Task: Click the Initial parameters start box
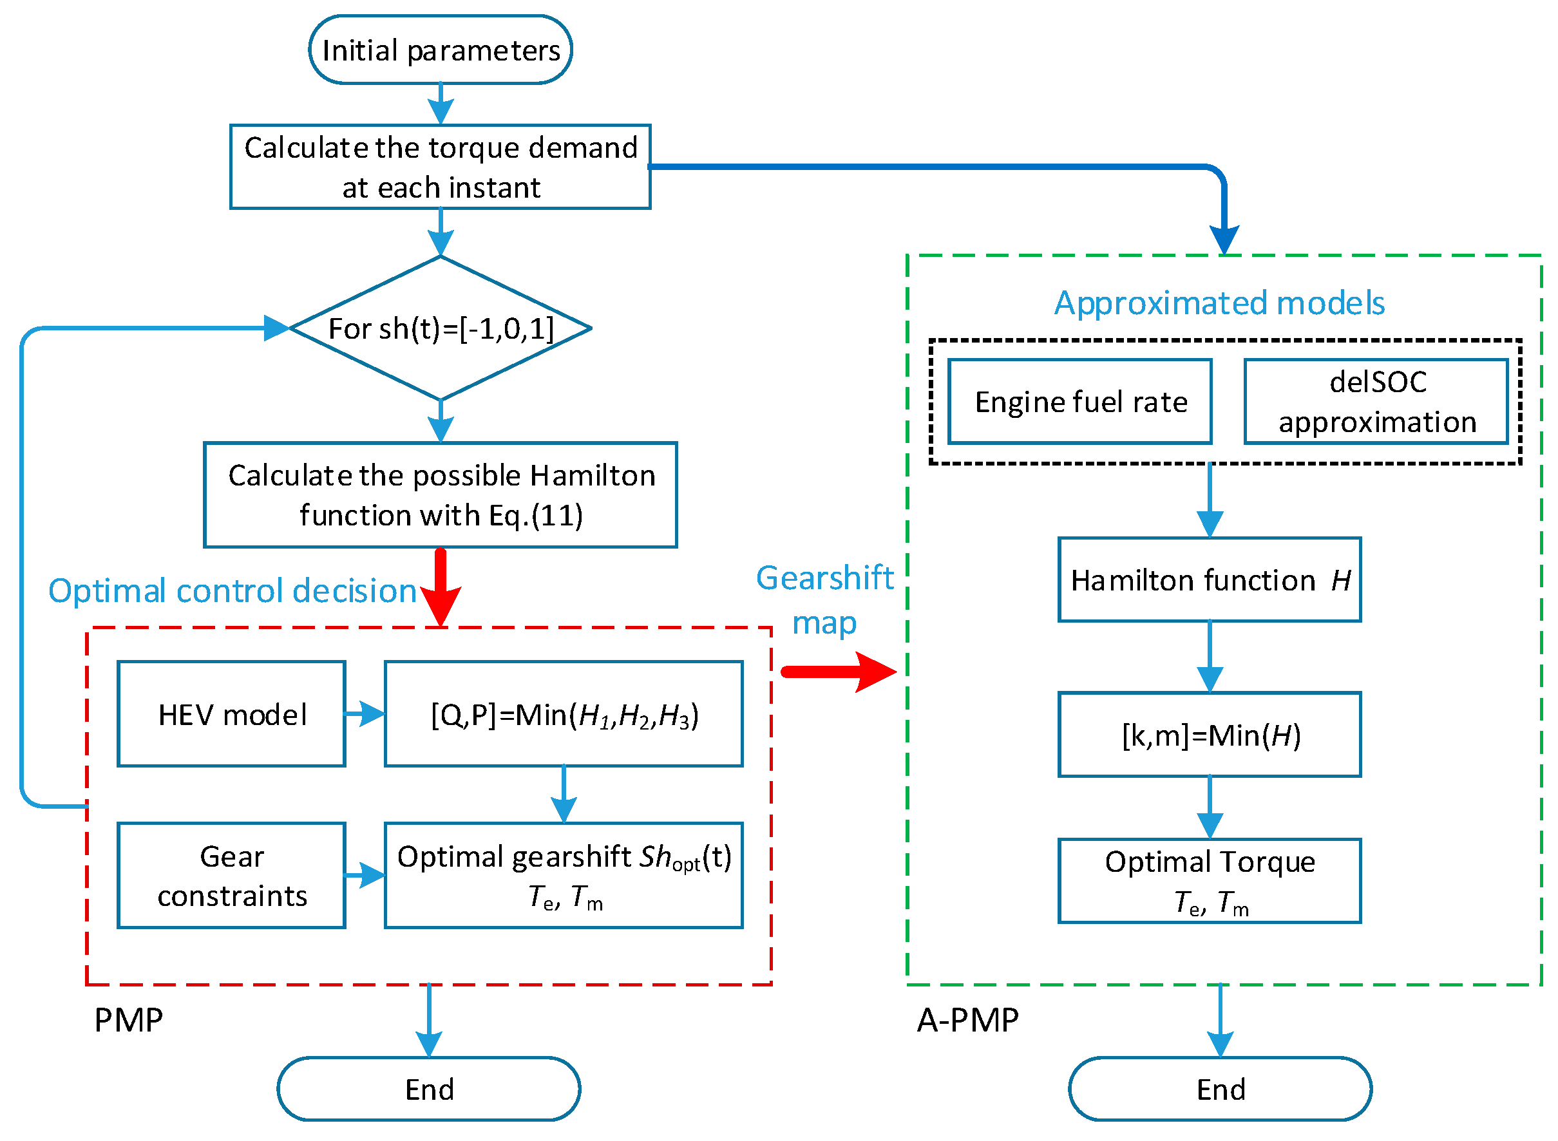coord(440,50)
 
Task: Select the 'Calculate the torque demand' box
coord(440,167)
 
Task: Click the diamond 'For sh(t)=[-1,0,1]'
coord(440,328)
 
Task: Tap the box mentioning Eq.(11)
coord(440,495)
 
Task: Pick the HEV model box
coord(231,713)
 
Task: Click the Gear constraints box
coord(231,875)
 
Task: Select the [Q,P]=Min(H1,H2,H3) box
coord(564,713)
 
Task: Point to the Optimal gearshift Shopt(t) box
coord(564,875)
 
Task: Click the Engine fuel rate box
coord(1079,401)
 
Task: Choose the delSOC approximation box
coord(1376,401)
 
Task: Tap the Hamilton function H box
coord(1209,580)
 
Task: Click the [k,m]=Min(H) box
coord(1209,734)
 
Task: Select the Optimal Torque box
coord(1209,881)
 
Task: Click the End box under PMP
coord(428,1089)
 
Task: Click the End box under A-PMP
coord(1220,1089)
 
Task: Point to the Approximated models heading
coord(1219,303)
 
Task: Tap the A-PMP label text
coord(967,1020)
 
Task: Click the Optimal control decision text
coord(232,590)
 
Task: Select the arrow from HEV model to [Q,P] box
coord(364,713)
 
